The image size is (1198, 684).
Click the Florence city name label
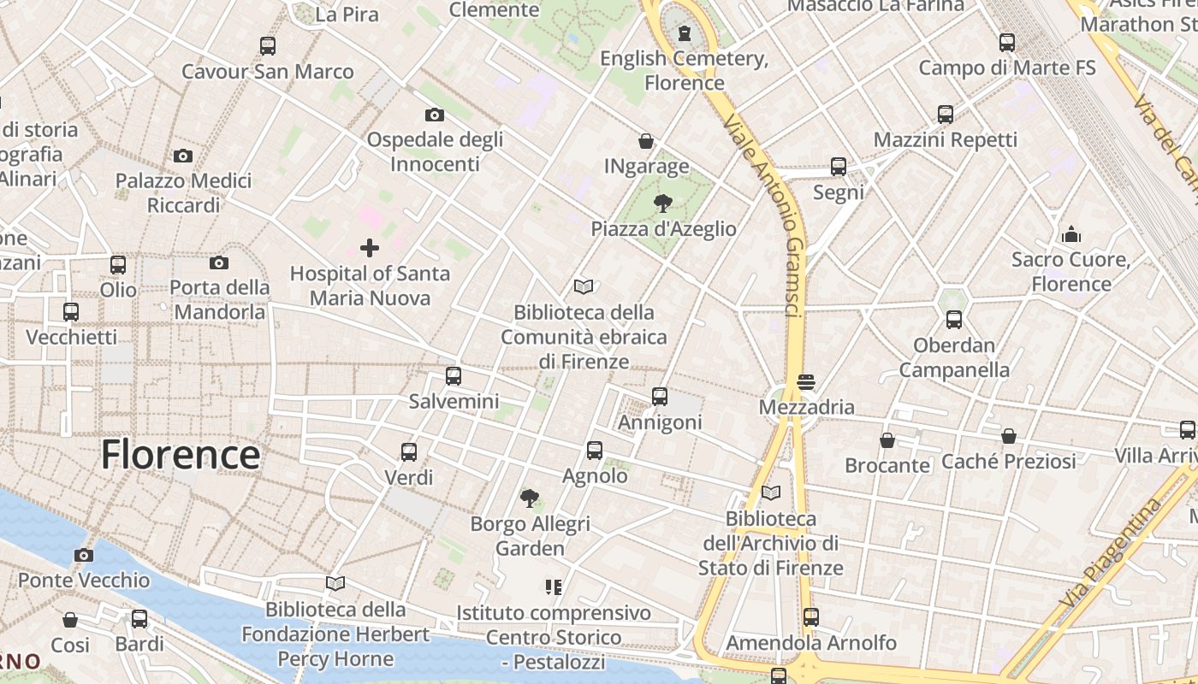tap(181, 454)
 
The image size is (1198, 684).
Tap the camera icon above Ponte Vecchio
tap(84, 555)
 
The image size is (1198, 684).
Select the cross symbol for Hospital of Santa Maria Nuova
tap(370, 248)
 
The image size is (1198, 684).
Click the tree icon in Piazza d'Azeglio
tap(662, 203)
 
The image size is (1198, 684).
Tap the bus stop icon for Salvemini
tap(454, 375)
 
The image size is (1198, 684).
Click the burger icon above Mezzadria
tap(806, 380)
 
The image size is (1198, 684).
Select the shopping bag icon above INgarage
tap(646, 141)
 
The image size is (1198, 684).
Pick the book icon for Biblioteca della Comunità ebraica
tap(584, 286)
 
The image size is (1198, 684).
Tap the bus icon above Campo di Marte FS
tap(1007, 42)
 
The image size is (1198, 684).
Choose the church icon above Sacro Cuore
tap(1070, 234)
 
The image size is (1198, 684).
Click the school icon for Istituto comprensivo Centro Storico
tap(554, 587)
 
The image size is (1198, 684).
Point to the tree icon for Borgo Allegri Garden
tap(530, 498)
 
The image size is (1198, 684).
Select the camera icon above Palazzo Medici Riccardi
tap(183, 156)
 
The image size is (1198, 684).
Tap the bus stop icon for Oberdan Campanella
tap(954, 320)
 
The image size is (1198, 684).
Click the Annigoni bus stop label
tap(660, 422)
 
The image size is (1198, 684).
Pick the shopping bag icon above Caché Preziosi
tap(1009, 436)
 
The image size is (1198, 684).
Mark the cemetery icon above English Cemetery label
tap(684, 33)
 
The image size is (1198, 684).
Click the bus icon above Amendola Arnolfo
tap(811, 616)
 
